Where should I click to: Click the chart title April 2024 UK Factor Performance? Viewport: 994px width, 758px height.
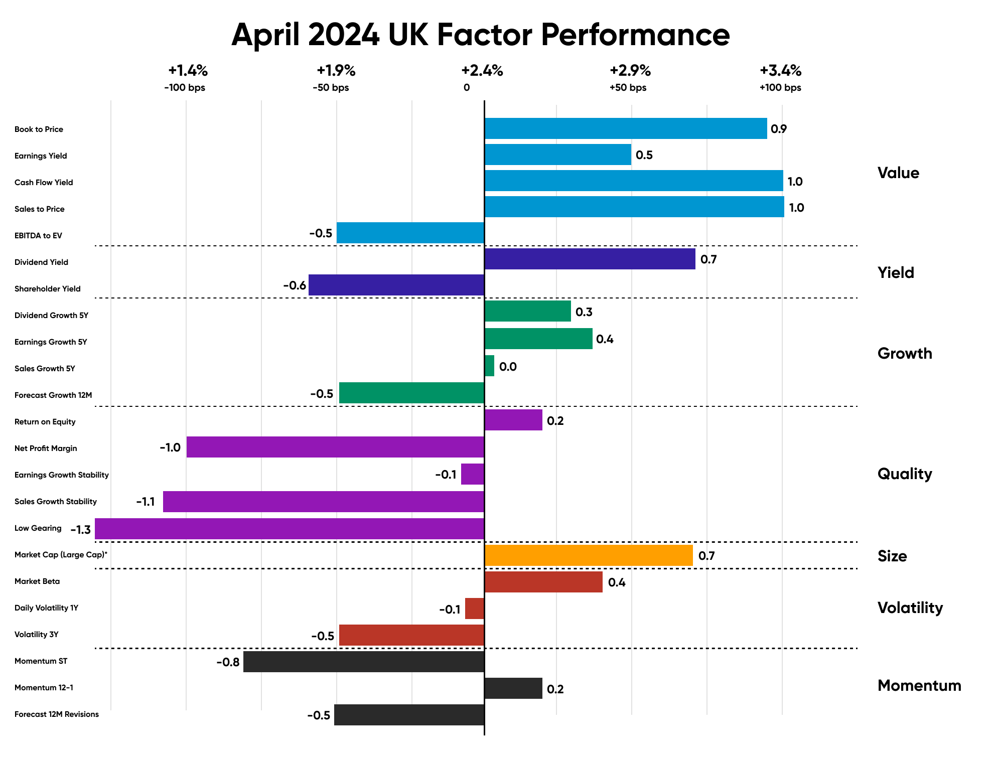pyautogui.click(x=480, y=35)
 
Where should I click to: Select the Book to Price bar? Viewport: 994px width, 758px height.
pyautogui.click(x=625, y=128)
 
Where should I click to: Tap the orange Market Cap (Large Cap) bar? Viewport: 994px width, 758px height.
pyautogui.click(x=588, y=555)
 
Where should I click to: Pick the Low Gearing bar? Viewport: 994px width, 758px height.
pyautogui.click(x=290, y=529)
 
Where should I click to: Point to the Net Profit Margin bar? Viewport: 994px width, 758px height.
pyautogui.click(x=335, y=447)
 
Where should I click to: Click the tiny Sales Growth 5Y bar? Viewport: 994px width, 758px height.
pyautogui.click(x=489, y=366)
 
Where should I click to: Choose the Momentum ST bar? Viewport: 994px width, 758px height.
pyautogui.click(x=364, y=662)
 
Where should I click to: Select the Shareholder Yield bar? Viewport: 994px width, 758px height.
pyautogui.click(x=396, y=285)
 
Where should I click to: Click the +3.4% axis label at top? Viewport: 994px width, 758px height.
pyautogui.click(x=780, y=71)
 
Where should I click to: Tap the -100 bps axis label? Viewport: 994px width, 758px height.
pyautogui.click(x=185, y=88)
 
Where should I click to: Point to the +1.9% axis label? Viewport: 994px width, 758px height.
pyautogui.click(x=336, y=71)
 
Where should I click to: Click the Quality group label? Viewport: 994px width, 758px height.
pyautogui.click(x=905, y=474)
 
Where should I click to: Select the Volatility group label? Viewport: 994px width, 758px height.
pyautogui.click(x=910, y=608)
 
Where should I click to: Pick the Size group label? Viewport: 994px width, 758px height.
pyautogui.click(x=892, y=556)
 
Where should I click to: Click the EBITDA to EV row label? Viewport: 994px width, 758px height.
pyautogui.click(x=38, y=236)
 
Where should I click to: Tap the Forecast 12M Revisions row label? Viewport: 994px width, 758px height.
pyautogui.click(x=57, y=714)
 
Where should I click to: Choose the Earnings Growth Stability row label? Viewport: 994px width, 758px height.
pyautogui.click(x=62, y=475)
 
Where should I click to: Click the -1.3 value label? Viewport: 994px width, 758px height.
pyautogui.click(x=80, y=530)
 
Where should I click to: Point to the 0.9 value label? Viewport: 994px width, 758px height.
pyautogui.click(x=779, y=129)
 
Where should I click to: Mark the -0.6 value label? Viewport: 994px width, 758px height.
pyautogui.click(x=295, y=285)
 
